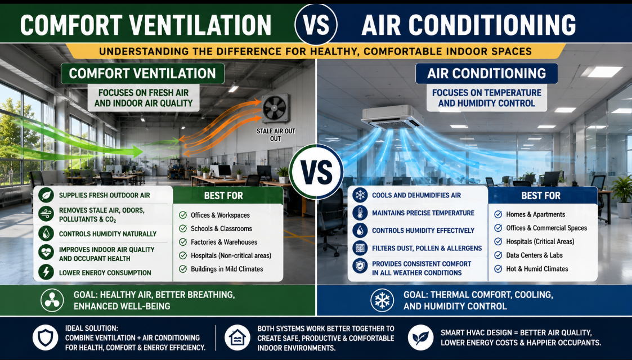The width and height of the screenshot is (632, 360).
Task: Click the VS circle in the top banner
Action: tap(316, 24)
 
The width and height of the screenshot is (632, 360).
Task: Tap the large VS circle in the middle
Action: tap(316, 172)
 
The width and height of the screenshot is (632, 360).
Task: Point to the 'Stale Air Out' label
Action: tap(276, 135)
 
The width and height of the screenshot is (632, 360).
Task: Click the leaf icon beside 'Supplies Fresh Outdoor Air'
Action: tap(46, 195)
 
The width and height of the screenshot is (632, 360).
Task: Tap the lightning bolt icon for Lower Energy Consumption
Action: tap(46, 272)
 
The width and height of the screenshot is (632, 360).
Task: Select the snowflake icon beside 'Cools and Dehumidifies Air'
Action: tap(360, 195)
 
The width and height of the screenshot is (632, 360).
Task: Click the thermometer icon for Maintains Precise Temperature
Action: tap(360, 213)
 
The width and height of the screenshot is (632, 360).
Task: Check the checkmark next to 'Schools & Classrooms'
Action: tap(183, 229)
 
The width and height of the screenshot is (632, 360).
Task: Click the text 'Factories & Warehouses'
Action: tap(224, 242)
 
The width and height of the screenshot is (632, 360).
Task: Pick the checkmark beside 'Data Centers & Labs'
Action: tap(498, 255)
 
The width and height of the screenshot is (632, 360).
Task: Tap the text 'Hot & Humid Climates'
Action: tap(537, 268)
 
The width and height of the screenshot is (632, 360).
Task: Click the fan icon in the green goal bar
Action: tap(52, 300)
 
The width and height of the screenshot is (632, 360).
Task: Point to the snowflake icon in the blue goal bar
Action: tap(382, 300)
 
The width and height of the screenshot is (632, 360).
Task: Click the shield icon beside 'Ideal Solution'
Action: tap(45, 337)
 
